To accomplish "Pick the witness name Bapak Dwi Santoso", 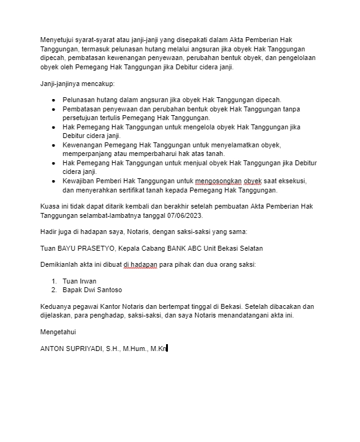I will click(92, 290).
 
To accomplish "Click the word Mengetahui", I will click(58, 331).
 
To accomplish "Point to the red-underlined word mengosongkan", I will click(219, 181).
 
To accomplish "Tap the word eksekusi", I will click(293, 181).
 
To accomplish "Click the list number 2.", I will click(54, 290).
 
